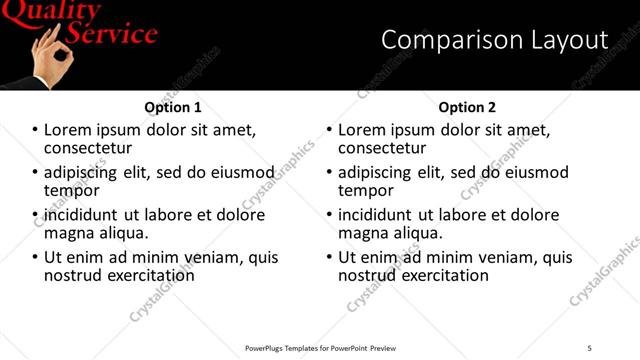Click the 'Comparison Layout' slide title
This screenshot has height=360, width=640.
coord(495,40)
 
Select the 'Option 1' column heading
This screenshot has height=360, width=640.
coord(173,107)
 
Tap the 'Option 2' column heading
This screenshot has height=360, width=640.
coord(467,107)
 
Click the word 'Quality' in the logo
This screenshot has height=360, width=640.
coord(51,11)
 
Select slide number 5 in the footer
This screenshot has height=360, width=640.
coord(589,347)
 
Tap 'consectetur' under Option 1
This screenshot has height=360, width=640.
coord(89,148)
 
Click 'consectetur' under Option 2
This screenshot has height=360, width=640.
coord(383,148)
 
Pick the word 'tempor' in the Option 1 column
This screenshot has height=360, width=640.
coord(71,190)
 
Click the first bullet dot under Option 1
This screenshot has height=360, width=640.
coord(35,130)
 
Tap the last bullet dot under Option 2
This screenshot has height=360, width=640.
coord(329,257)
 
